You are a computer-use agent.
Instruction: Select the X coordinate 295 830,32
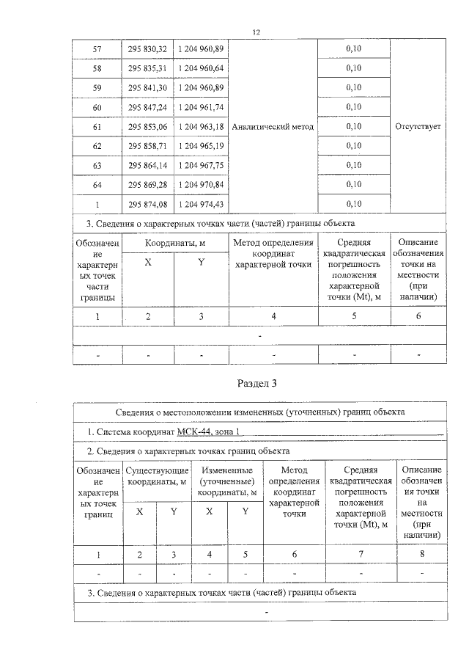pos(147,48)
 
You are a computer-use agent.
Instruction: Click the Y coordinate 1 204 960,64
pos(200,68)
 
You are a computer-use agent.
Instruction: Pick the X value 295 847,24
pos(147,107)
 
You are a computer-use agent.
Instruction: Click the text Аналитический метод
pos(272,126)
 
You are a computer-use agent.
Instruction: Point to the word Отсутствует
pos(418,126)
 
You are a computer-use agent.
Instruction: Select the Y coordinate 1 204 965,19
pos(200,145)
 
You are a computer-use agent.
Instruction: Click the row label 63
pos(97,165)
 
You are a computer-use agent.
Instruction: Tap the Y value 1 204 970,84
pos(200,184)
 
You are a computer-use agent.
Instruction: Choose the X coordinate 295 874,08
pos(147,203)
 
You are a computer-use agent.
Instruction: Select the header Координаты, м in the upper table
pos(174,243)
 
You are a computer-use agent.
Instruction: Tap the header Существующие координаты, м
pos(158,475)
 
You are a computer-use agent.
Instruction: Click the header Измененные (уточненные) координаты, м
pos(227,475)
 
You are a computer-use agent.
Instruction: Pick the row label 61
pos(97,126)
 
